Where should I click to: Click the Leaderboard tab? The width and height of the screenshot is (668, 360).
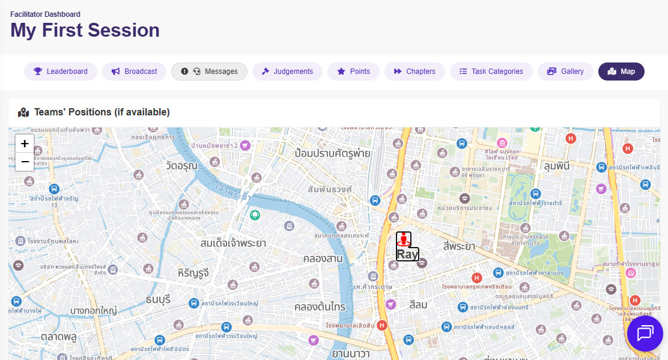61,72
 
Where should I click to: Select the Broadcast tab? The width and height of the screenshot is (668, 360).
134,72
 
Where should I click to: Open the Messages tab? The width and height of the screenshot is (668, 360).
209,72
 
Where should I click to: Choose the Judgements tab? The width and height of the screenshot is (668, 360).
287,72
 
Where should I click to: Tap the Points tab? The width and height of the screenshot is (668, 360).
353,72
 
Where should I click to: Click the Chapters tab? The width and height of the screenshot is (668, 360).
414,72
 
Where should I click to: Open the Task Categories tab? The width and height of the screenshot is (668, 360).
491,72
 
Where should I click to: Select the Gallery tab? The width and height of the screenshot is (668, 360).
565,72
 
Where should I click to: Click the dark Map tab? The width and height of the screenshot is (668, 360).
621,72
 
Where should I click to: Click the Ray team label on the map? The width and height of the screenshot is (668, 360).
407,254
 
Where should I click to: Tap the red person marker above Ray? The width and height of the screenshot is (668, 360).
404,239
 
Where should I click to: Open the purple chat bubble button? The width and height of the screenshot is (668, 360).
645,334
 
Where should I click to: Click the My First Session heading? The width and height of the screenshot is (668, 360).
85,30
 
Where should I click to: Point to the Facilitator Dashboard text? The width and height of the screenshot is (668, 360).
45,14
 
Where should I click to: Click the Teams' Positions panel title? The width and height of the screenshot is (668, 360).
102,112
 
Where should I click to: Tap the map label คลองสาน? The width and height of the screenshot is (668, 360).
323,258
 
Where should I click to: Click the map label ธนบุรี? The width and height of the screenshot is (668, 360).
159,299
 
